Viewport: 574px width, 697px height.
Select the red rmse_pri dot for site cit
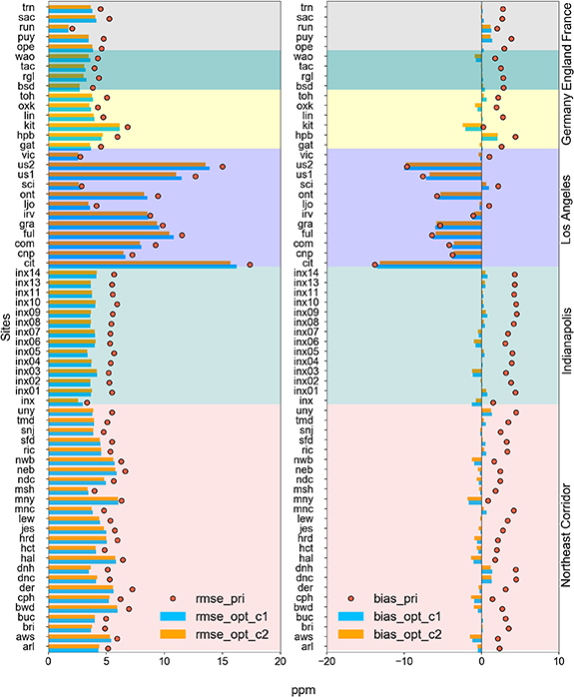(x=250, y=264)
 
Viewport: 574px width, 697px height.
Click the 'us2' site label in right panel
(x=306, y=166)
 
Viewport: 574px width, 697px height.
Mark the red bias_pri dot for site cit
(x=375, y=264)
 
